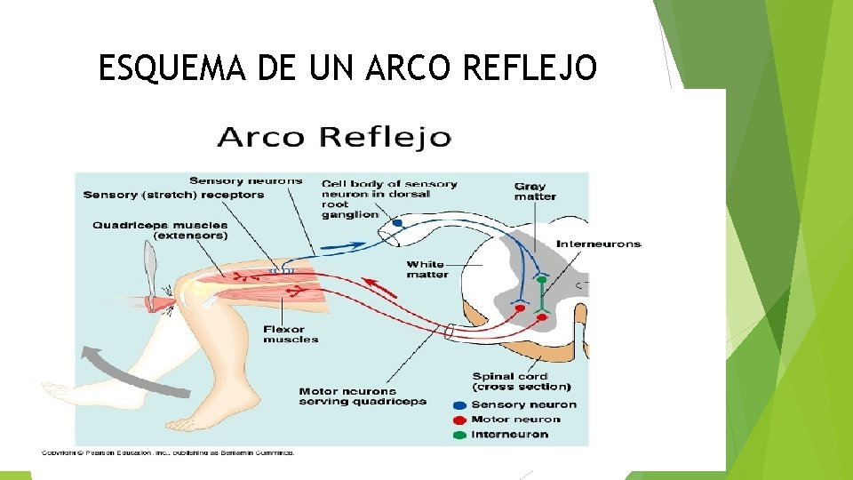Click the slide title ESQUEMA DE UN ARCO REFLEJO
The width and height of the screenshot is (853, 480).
347,68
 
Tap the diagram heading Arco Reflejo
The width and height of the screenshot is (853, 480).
334,138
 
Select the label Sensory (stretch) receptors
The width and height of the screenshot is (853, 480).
173,195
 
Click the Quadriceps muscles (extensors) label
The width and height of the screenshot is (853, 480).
160,230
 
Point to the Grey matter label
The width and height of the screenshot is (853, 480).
535,191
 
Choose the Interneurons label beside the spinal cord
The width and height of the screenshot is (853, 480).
598,244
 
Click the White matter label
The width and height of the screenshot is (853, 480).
427,269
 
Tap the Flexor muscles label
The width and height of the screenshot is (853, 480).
291,334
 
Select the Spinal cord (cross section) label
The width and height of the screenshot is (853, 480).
522,381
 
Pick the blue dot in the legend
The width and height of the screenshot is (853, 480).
459,405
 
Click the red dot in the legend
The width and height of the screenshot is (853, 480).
459,420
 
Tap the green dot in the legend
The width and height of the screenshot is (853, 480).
459,435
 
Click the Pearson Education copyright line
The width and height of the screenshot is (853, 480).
167,452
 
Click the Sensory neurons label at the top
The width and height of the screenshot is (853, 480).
245,181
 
